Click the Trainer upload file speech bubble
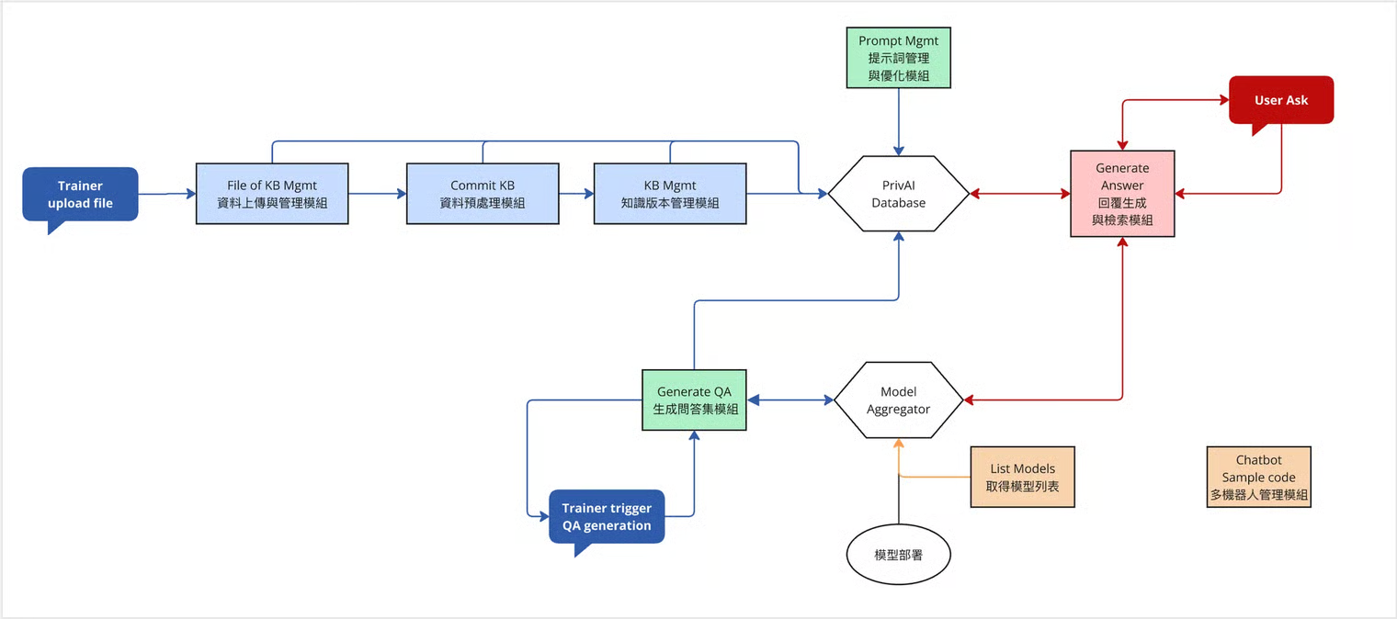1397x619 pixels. (81, 195)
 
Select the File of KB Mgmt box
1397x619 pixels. (272, 194)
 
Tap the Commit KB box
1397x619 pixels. (483, 194)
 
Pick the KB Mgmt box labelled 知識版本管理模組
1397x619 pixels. (670, 194)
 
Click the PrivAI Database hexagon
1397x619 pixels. (899, 194)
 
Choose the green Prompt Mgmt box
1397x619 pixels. (899, 57)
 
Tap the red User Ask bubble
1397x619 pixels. (1281, 100)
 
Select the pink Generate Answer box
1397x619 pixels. (1122, 194)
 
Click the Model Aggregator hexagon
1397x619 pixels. (899, 400)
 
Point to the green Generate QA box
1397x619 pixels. (694, 400)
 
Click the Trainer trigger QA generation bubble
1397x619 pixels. (607, 517)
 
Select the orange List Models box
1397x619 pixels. (1023, 477)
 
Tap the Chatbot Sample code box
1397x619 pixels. (1259, 477)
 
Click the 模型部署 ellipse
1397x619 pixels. (899, 555)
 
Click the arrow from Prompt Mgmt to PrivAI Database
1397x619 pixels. (899, 121)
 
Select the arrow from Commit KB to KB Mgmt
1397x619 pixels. (576, 194)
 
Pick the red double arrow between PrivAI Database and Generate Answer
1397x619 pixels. (1020, 194)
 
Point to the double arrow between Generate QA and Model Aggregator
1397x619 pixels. (790, 400)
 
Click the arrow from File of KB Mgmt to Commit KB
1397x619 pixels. (378, 194)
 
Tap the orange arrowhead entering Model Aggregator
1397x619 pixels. (899, 444)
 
